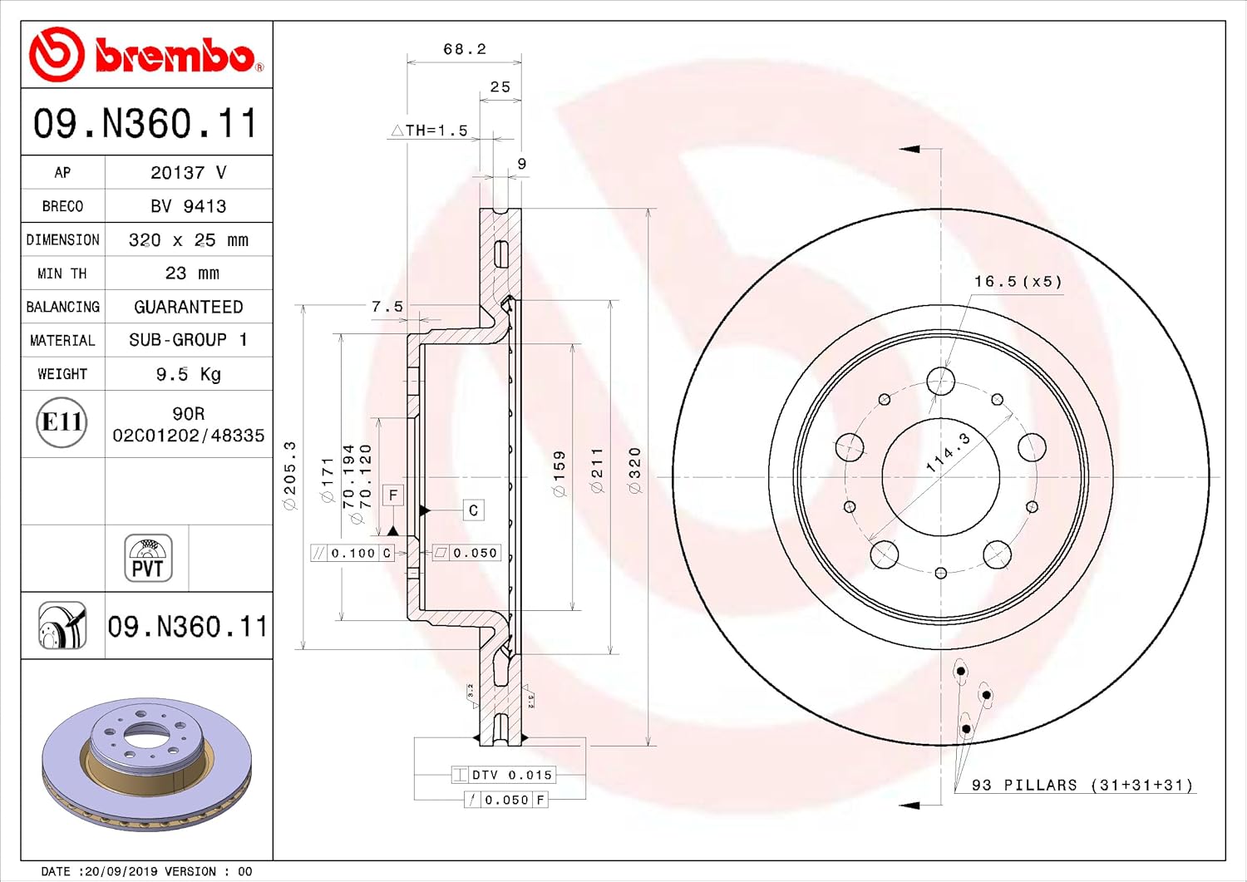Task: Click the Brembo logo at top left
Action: (145, 55)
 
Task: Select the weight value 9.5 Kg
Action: (188, 374)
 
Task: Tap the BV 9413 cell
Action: (188, 207)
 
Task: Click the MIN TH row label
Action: (62, 273)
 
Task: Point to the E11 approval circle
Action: (62, 422)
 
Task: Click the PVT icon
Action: (148, 558)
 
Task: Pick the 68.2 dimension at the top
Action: (465, 49)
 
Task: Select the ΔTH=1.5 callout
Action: (429, 131)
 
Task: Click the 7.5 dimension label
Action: (387, 306)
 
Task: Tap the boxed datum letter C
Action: (473, 510)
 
